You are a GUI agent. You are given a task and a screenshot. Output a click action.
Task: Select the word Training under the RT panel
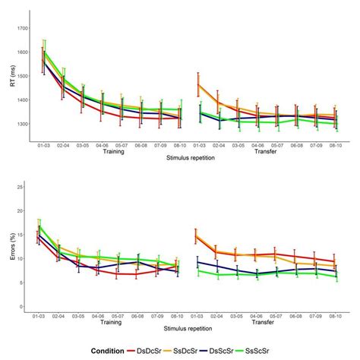pos(108,150)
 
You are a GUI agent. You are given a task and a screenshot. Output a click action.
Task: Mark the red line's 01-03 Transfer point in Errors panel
pos(197,235)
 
